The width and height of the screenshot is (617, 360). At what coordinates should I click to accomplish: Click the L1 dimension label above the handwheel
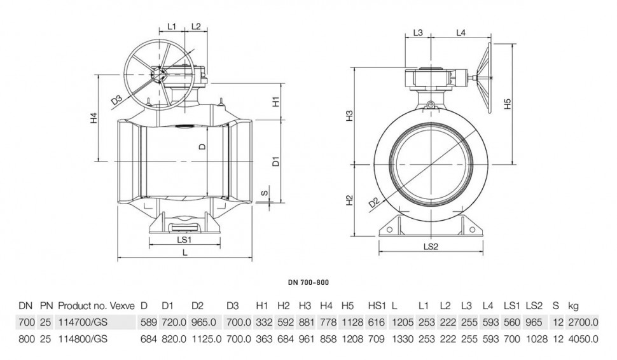(172, 26)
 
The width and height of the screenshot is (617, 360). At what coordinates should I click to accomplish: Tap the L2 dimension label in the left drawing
(196, 26)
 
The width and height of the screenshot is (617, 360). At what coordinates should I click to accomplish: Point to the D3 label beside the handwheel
(117, 100)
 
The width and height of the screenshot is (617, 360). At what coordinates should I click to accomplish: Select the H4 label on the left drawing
(94, 118)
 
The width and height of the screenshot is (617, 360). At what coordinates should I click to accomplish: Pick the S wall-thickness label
(265, 193)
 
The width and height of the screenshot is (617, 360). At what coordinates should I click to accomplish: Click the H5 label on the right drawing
(508, 104)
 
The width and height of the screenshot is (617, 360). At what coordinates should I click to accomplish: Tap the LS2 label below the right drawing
(431, 247)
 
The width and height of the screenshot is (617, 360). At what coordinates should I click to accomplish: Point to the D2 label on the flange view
(374, 203)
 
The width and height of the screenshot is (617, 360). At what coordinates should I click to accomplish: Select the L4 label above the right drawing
(461, 32)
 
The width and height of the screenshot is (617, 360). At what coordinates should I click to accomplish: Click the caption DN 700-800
(308, 282)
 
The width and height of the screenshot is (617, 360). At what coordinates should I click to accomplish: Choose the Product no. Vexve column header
(97, 305)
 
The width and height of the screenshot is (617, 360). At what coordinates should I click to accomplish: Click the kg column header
(573, 306)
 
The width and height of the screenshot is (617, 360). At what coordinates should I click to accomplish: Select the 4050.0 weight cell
(583, 339)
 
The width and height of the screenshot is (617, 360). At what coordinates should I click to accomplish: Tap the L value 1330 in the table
(403, 339)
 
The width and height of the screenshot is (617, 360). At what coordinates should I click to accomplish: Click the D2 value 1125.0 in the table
(207, 339)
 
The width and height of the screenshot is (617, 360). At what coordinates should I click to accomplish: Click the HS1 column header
(377, 305)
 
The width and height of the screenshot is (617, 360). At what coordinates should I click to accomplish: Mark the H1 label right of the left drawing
(276, 102)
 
